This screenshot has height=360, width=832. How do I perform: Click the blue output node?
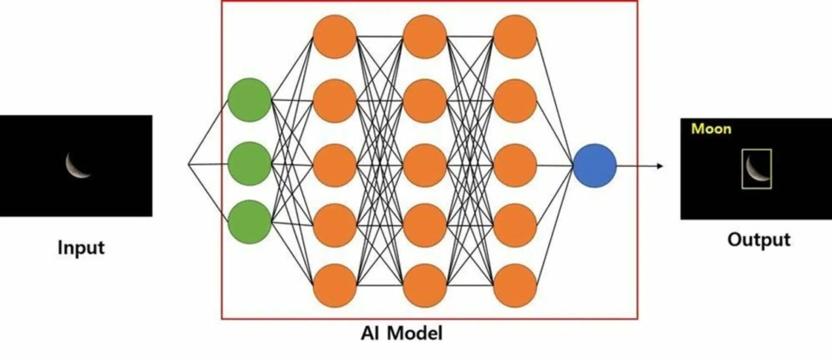594,166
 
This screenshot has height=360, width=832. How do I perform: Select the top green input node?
249,100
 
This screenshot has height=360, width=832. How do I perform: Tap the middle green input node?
249,163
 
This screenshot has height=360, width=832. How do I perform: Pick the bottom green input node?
249,222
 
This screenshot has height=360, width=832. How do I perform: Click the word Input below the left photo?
81,248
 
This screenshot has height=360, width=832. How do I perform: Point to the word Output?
758,239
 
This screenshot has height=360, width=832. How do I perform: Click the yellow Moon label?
711,129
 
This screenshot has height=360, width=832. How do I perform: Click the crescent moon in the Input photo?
77,165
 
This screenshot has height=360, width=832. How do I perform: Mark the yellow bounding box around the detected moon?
757,169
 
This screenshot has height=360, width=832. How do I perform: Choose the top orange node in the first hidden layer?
335,36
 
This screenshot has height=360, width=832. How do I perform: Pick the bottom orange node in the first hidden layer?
335,285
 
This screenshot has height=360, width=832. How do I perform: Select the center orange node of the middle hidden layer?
425,165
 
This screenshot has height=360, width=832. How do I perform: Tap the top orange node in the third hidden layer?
515,36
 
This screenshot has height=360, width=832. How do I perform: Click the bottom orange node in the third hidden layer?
515,285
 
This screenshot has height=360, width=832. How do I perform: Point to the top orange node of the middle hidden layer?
425,36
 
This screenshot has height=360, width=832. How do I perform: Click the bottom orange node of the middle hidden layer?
425,285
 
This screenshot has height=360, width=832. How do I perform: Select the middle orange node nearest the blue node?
515,165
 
